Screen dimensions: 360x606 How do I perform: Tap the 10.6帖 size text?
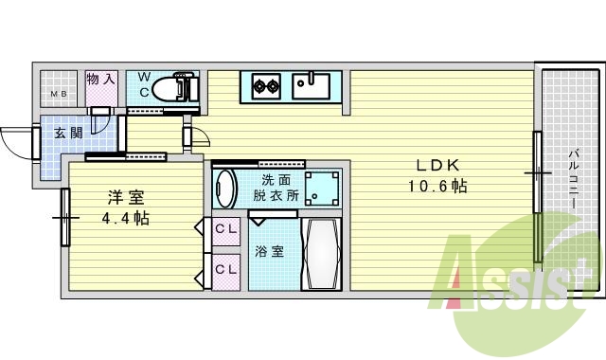[431, 186]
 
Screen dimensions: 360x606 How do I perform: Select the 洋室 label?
[125, 197]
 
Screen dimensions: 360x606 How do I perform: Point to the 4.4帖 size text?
[125, 219]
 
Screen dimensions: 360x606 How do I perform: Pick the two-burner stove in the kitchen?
[265, 87]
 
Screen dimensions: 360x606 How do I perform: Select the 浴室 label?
[269, 252]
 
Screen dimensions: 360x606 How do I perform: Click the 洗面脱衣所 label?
[276, 188]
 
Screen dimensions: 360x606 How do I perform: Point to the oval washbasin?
[224, 188]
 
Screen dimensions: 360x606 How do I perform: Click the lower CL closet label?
[225, 269]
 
